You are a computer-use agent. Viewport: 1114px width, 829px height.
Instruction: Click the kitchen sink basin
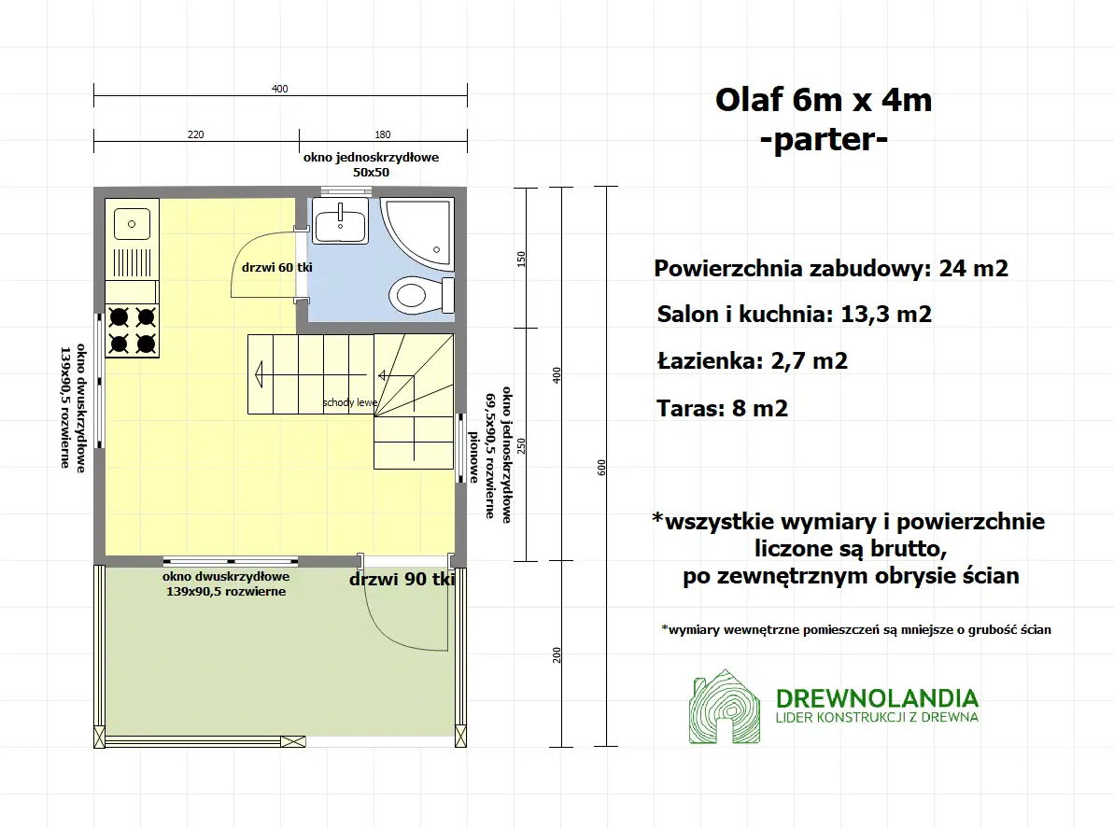132,223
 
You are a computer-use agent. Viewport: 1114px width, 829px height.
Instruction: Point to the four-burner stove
132,330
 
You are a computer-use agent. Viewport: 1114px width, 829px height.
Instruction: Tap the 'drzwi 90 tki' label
402,580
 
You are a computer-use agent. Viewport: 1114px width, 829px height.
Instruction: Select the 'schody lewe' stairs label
350,403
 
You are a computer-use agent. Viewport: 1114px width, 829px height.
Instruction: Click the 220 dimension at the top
195,134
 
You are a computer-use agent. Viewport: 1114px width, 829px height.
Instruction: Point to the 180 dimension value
383,134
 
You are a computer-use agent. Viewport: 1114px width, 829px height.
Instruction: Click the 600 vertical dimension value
601,468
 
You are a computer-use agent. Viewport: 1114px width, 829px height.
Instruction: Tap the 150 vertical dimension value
521,259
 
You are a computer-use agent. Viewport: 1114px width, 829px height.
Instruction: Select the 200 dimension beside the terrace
557,654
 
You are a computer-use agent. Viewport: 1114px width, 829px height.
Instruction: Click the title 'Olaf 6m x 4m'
824,99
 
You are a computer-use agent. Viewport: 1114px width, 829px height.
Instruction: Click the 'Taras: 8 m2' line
722,408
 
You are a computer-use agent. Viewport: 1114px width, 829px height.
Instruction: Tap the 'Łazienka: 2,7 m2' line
752,360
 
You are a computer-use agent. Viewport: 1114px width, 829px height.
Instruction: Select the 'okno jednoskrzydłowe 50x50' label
371,164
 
